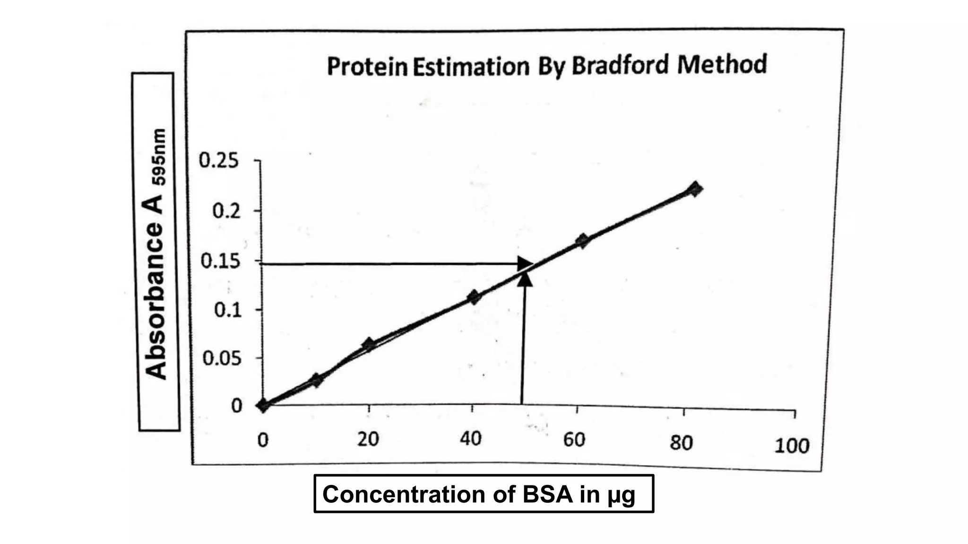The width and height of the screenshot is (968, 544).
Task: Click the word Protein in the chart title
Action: click(x=367, y=67)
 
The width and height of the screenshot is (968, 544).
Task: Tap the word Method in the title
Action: click(x=722, y=64)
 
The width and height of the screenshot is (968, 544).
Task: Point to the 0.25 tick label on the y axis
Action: click(x=219, y=161)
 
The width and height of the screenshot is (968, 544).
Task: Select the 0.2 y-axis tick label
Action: click(x=226, y=211)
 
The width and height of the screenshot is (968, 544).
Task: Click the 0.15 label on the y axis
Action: click(x=221, y=261)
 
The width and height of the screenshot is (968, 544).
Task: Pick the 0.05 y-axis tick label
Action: click(x=222, y=359)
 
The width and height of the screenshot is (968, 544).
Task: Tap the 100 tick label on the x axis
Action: click(x=792, y=446)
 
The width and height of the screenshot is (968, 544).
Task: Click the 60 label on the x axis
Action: click(x=574, y=440)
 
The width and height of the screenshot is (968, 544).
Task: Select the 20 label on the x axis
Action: click(x=368, y=440)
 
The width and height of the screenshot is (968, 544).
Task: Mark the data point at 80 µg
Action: click(x=695, y=189)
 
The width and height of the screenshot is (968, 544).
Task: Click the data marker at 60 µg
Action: click(x=582, y=241)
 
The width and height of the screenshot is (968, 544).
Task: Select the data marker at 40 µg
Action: click(x=474, y=297)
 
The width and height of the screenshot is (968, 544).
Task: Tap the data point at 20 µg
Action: click(x=369, y=344)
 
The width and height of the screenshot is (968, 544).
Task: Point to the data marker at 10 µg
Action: click(x=317, y=380)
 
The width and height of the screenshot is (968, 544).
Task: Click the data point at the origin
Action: click(x=263, y=405)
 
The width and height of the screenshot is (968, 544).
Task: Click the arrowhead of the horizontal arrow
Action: click(x=525, y=263)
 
